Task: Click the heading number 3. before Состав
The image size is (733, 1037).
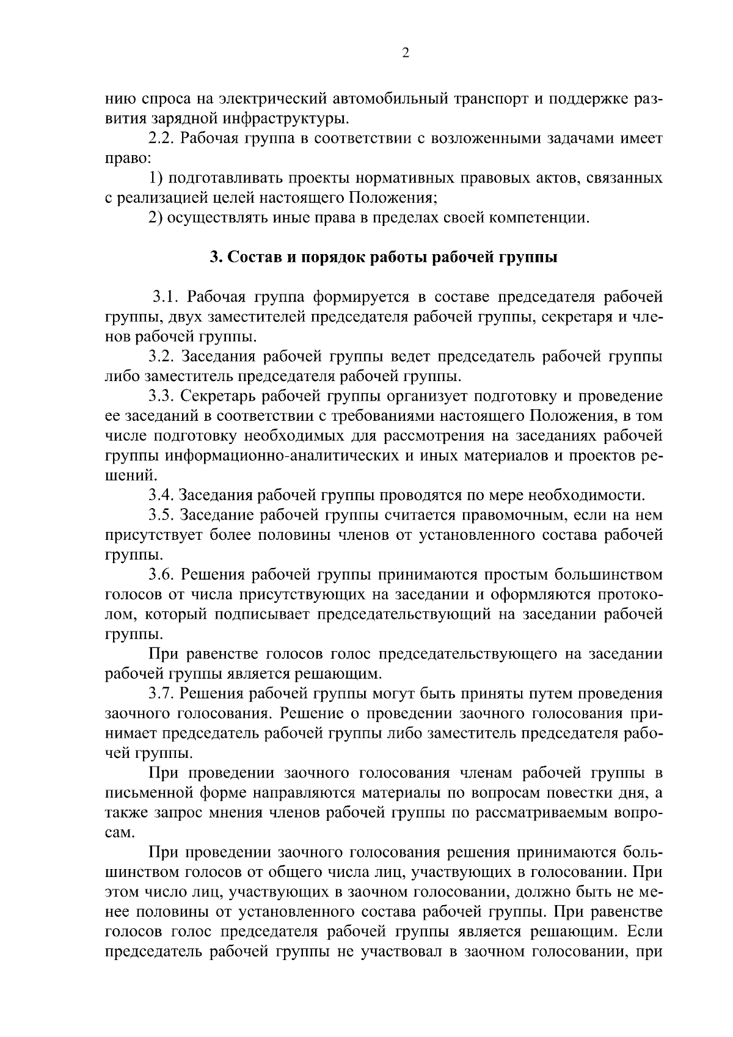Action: click(214, 257)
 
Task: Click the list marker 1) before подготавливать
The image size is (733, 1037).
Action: click(156, 178)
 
